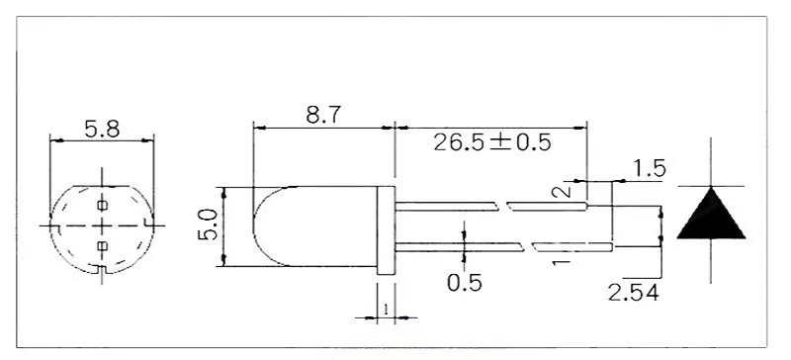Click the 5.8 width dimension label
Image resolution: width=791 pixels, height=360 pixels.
[102, 130]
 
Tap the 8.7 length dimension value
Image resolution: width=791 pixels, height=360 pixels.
[323, 115]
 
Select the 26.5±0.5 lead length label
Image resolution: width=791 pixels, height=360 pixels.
[492, 142]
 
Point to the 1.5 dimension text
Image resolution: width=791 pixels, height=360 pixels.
[650, 169]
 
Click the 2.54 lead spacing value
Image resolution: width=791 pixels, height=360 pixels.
[634, 293]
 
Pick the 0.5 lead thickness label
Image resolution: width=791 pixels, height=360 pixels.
[465, 283]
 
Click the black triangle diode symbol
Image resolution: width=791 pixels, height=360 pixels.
[711, 214]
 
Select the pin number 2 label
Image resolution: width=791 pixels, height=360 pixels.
[562, 191]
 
